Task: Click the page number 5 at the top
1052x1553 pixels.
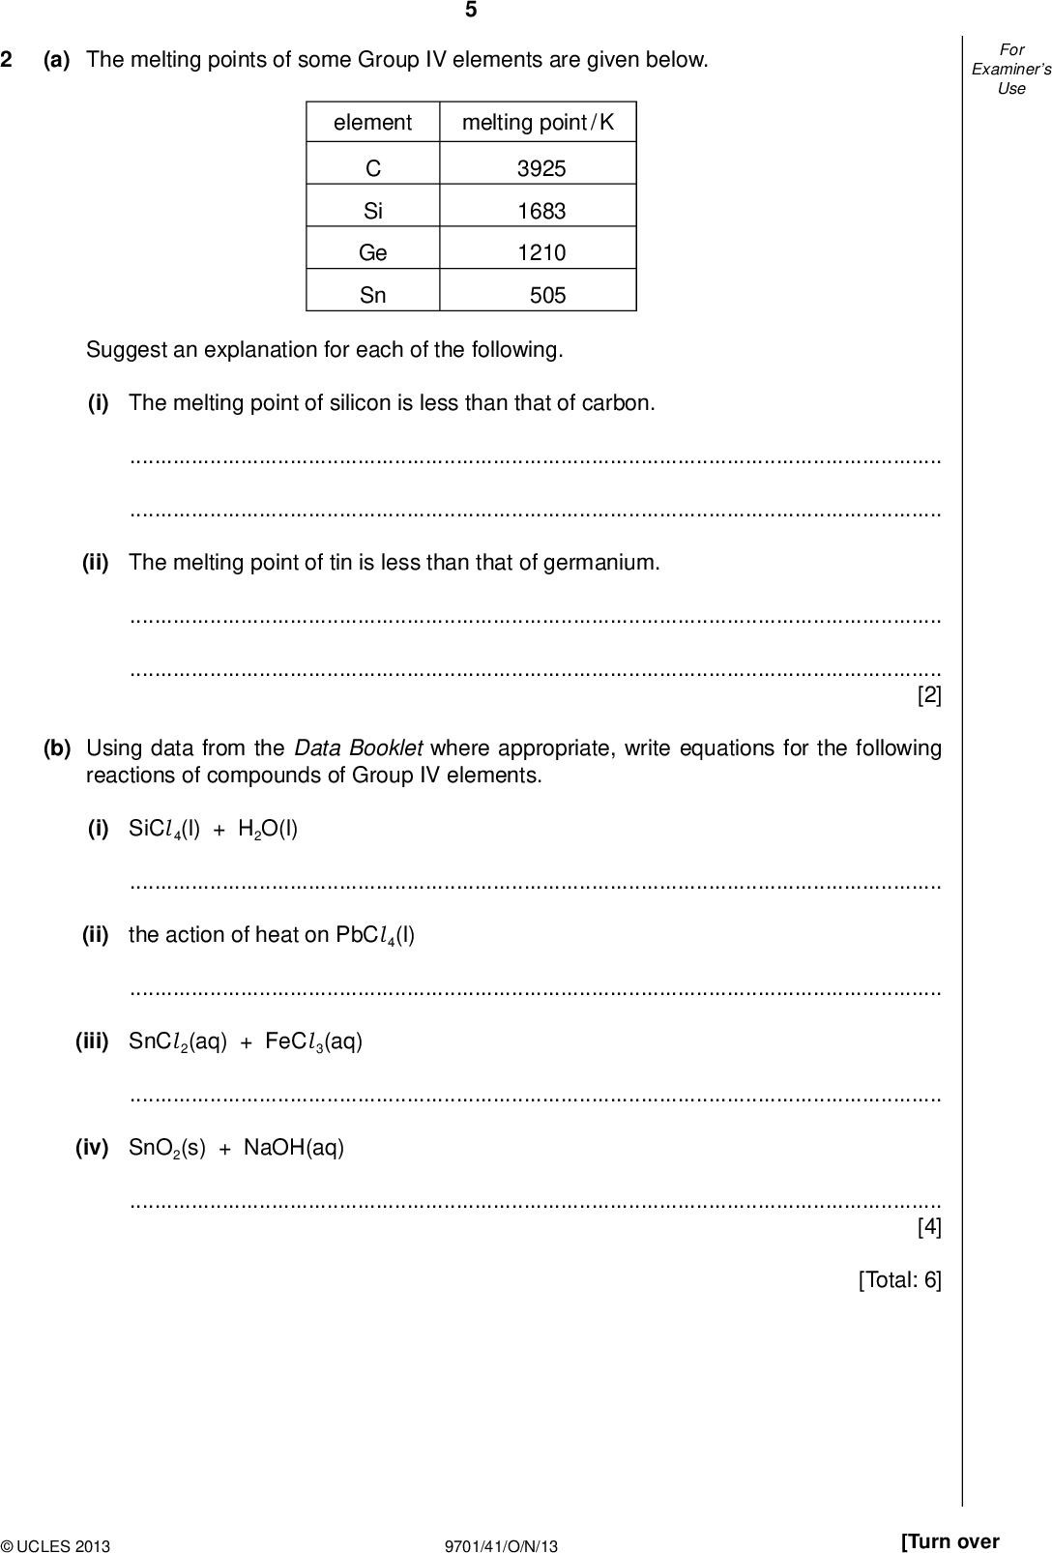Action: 471,11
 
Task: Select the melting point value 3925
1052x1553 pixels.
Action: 541,169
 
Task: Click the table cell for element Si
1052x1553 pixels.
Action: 372,211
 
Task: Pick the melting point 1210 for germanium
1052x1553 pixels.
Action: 541,253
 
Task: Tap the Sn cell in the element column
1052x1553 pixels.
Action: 372,296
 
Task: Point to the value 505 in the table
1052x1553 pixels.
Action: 547,296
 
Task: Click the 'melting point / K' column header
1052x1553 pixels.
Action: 538,123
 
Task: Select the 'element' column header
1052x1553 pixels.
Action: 372,123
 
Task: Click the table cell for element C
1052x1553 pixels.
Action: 372,169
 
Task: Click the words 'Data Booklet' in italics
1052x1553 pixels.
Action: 358,748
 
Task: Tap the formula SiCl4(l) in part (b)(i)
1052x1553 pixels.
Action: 164,830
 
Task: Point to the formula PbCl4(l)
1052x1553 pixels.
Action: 375,936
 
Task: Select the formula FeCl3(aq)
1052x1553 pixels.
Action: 313,1042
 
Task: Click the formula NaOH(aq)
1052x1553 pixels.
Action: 293,1149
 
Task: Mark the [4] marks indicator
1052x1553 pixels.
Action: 928,1227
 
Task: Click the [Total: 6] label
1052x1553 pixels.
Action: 899,1280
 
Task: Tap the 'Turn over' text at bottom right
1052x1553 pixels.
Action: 950,1541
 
